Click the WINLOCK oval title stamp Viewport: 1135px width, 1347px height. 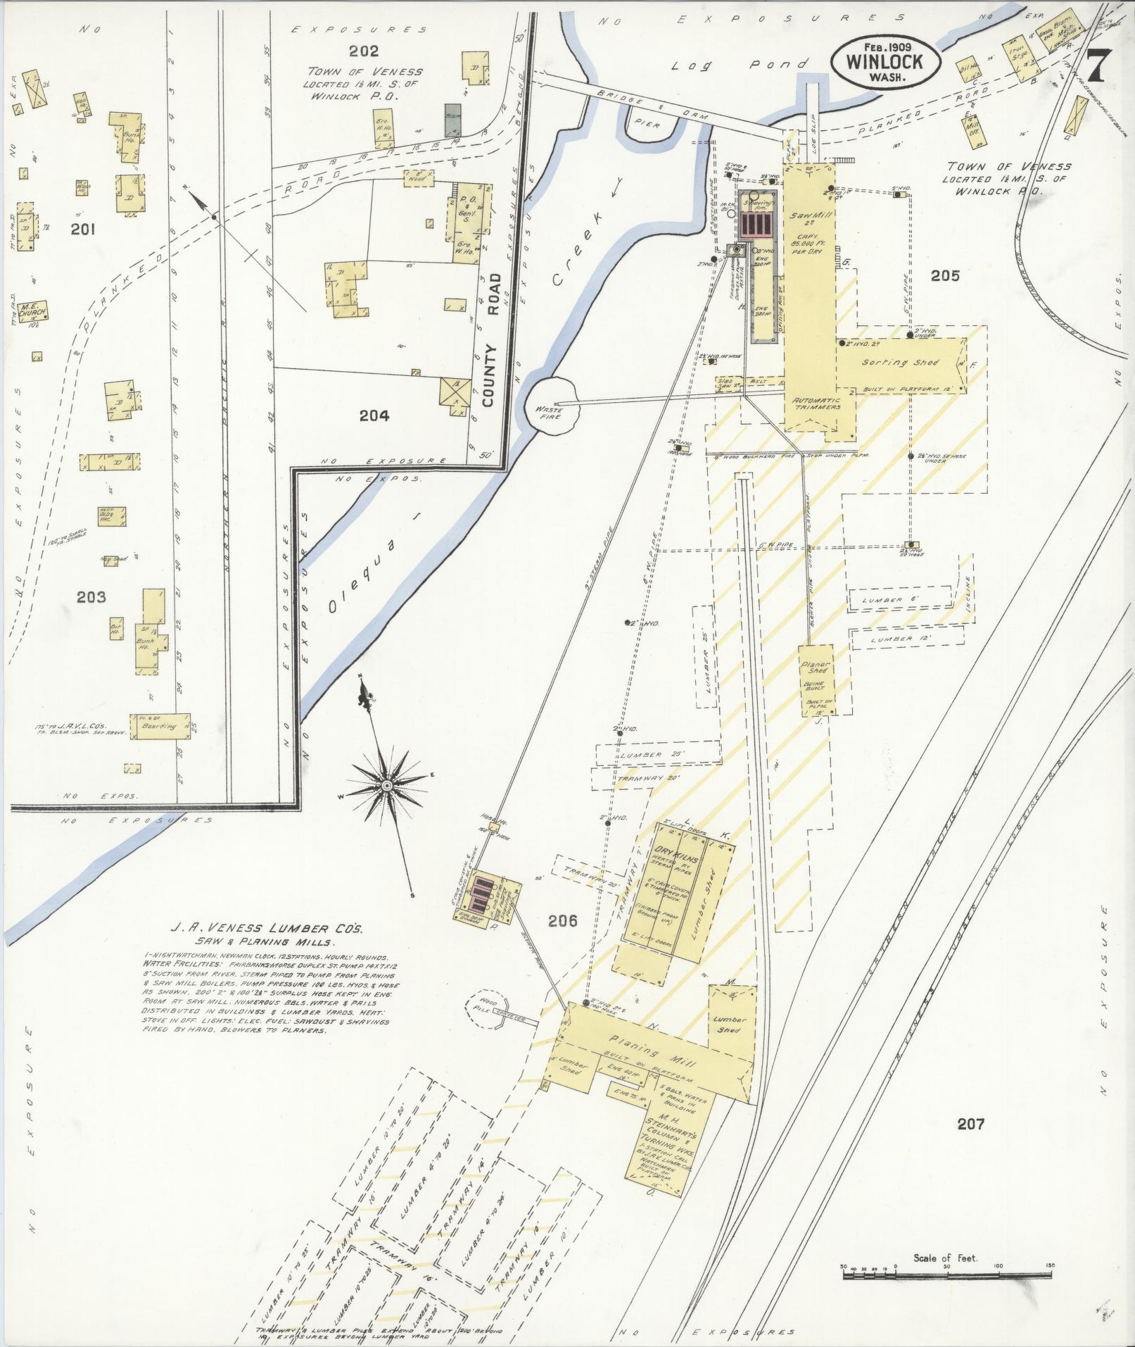pos(885,61)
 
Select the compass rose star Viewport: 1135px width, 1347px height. pos(386,784)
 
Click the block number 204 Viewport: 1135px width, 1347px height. pos(374,415)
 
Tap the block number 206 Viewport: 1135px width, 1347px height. pos(563,920)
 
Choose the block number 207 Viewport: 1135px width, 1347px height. pos(970,1124)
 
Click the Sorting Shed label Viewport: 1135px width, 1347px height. pos(900,362)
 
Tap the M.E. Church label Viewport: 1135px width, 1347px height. pos(33,311)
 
